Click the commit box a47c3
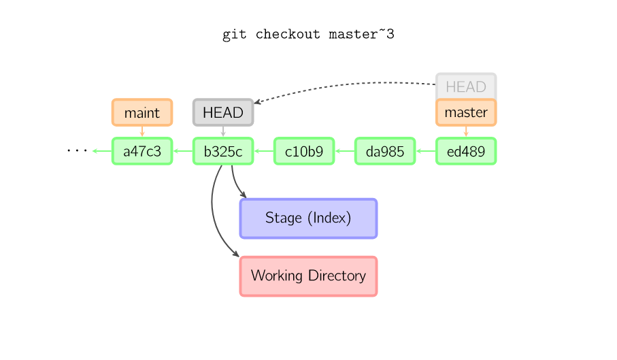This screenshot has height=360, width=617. [142, 151]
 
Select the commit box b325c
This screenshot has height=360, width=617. [223, 151]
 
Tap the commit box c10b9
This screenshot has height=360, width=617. [304, 151]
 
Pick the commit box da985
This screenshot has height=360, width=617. [385, 151]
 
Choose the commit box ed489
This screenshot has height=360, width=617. [466, 151]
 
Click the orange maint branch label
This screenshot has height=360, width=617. [142, 112]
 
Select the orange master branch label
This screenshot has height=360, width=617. [466, 112]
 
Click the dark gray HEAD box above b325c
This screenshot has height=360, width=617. [223, 112]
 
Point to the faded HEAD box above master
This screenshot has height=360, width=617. [466, 86]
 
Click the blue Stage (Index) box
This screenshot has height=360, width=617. [308, 218]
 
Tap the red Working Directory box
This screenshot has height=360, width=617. [308, 276]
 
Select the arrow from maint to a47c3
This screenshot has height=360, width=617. [142, 132]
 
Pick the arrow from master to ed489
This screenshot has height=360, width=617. [466, 132]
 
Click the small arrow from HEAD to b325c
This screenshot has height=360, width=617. [223, 132]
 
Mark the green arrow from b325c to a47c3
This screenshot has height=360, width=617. [182, 151]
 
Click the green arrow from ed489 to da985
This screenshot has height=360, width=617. [425, 151]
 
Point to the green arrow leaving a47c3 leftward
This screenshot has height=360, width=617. [101, 151]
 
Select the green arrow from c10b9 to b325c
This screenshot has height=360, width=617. [263, 151]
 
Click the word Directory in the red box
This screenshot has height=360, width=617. [337, 276]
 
